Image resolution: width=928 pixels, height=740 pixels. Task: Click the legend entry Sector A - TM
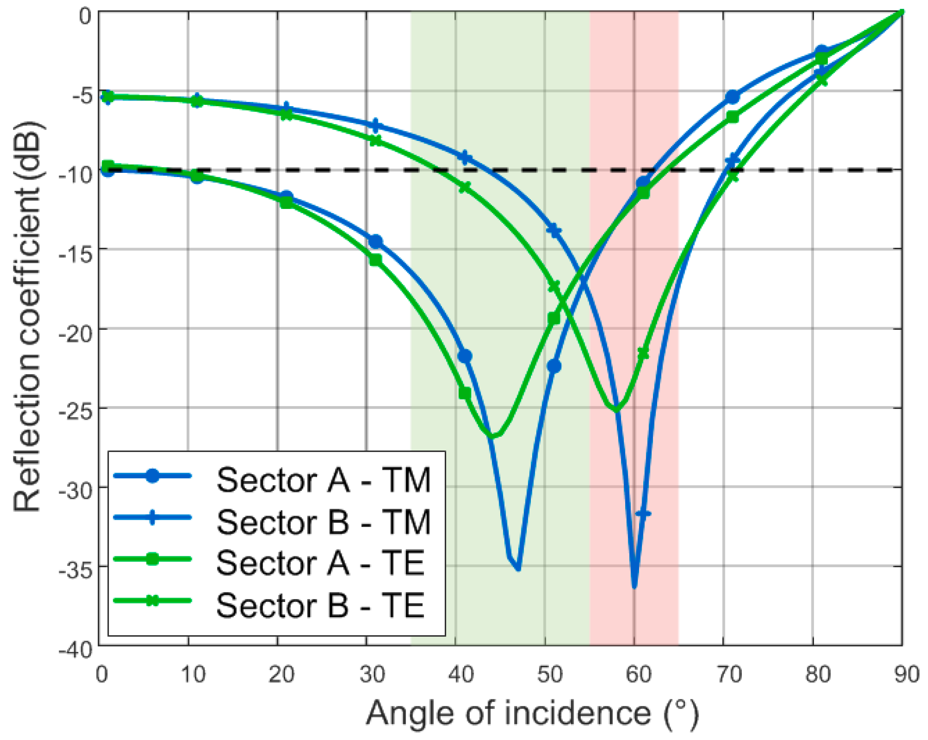click(323, 480)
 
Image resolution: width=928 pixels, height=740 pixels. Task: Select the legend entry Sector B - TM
click(323, 522)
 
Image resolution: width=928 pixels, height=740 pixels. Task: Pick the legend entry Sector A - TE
click(321, 563)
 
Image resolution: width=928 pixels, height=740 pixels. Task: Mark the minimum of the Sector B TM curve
click(634, 586)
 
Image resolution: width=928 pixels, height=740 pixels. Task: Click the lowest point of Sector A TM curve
click(518, 569)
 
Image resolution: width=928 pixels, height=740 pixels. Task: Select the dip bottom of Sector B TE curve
click(616, 410)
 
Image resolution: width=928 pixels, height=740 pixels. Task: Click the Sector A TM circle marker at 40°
click(465, 357)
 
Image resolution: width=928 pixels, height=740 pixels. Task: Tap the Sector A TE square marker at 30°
click(375, 260)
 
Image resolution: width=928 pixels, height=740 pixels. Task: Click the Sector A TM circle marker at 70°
click(732, 97)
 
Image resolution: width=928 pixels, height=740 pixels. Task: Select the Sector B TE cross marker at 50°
click(554, 287)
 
